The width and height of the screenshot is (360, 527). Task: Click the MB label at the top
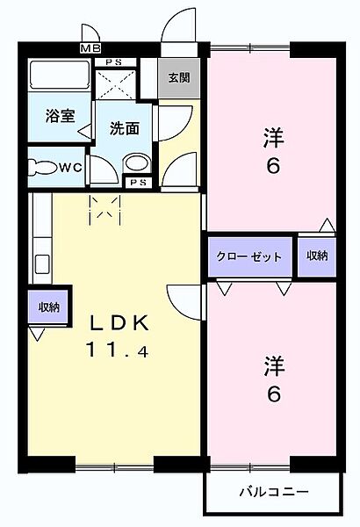coord(90,48)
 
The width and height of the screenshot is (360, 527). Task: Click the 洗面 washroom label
coord(125,128)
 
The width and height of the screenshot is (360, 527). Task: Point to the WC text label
coord(70,167)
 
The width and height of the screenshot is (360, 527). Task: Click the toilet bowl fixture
coord(41,167)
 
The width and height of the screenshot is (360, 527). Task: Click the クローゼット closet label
coord(249,257)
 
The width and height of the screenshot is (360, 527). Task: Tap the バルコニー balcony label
coord(272,492)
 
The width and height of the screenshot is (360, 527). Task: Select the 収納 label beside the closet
coord(316,256)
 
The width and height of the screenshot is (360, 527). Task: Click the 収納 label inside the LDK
coord(48,307)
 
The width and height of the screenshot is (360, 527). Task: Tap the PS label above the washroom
coord(113,62)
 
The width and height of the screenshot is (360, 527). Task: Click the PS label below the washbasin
coord(137,183)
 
